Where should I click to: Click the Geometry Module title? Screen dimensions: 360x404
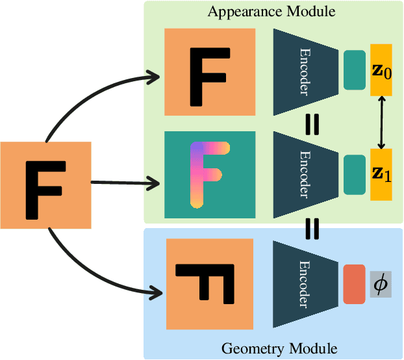(279, 349)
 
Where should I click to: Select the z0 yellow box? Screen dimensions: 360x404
(381, 70)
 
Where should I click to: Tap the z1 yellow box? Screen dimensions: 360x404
(381, 174)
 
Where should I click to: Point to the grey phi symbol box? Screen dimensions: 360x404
(381, 285)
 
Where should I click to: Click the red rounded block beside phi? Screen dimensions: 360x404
(354, 284)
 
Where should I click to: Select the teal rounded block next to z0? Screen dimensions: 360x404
(354, 70)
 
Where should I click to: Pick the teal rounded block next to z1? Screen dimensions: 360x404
(354, 174)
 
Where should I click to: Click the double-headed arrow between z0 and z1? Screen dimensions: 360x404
(382, 122)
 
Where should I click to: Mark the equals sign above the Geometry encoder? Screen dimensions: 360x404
(312, 229)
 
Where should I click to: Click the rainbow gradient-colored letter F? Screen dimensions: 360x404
(207, 173)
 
